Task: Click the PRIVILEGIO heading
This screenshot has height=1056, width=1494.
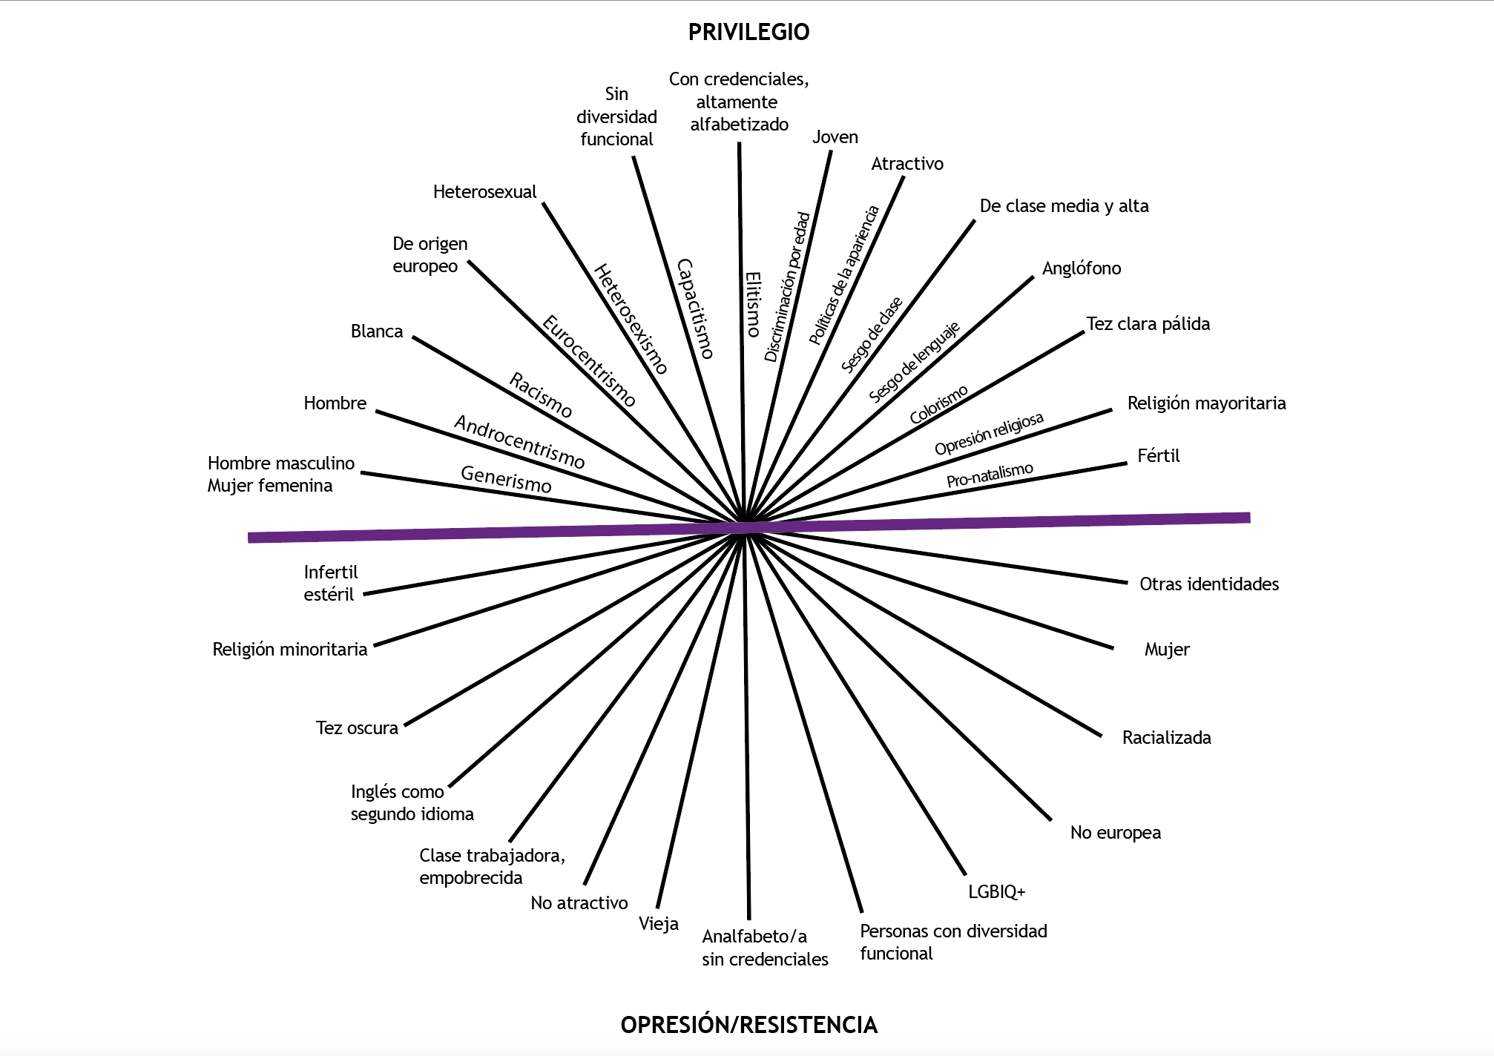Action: coord(748,32)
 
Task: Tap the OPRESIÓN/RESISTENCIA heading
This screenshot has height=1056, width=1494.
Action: coord(748,1024)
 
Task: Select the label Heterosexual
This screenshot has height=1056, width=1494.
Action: coord(484,192)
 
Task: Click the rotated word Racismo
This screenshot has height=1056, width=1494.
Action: coord(541,395)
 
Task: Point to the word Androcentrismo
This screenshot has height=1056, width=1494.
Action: coord(519,442)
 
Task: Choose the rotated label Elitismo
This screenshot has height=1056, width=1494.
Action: coord(753,304)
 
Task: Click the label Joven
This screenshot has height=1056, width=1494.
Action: coord(835,137)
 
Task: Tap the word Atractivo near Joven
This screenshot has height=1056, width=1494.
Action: coord(906,164)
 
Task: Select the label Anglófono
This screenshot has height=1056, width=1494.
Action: coord(1081,268)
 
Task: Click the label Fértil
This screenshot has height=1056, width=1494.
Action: coord(1158,455)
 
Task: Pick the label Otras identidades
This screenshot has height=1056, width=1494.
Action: coord(1208,584)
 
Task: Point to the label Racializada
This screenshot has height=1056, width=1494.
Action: coord(1166,737)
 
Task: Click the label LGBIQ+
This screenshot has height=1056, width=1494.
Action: coord(996,891)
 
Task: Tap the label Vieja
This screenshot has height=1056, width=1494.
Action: coord(658,924)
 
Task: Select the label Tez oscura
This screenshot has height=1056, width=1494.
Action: coord(357,727)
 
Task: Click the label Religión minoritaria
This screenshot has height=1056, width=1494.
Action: coord(289,650)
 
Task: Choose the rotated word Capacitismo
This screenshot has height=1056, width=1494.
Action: coord(696,308)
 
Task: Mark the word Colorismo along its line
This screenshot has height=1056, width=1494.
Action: coord(938,405)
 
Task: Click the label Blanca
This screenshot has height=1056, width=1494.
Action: coord(376,331)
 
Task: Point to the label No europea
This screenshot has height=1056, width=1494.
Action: coord(1115,833)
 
